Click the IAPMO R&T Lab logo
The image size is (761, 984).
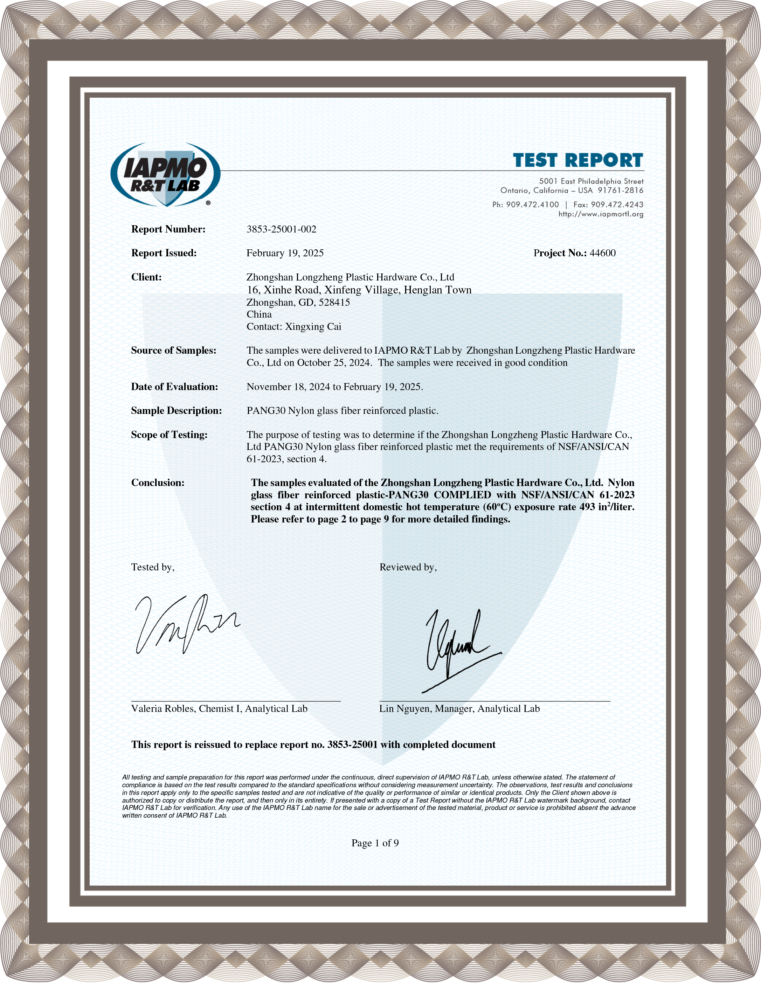(165, 175)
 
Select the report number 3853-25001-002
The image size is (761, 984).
(281, 229)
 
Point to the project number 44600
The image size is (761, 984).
(602, 253)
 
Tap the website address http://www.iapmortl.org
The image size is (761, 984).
(601, 214)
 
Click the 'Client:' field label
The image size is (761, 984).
(146, 277)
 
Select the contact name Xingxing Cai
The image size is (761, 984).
(313, 327)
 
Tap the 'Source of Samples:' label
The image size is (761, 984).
(173, 351)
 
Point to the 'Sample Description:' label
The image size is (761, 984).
(176, 411)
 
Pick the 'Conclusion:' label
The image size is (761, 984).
(158, 483)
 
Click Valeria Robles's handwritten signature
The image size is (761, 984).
(185, 624)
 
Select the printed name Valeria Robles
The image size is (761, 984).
(162, 709)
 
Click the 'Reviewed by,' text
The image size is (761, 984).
(408, 567)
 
